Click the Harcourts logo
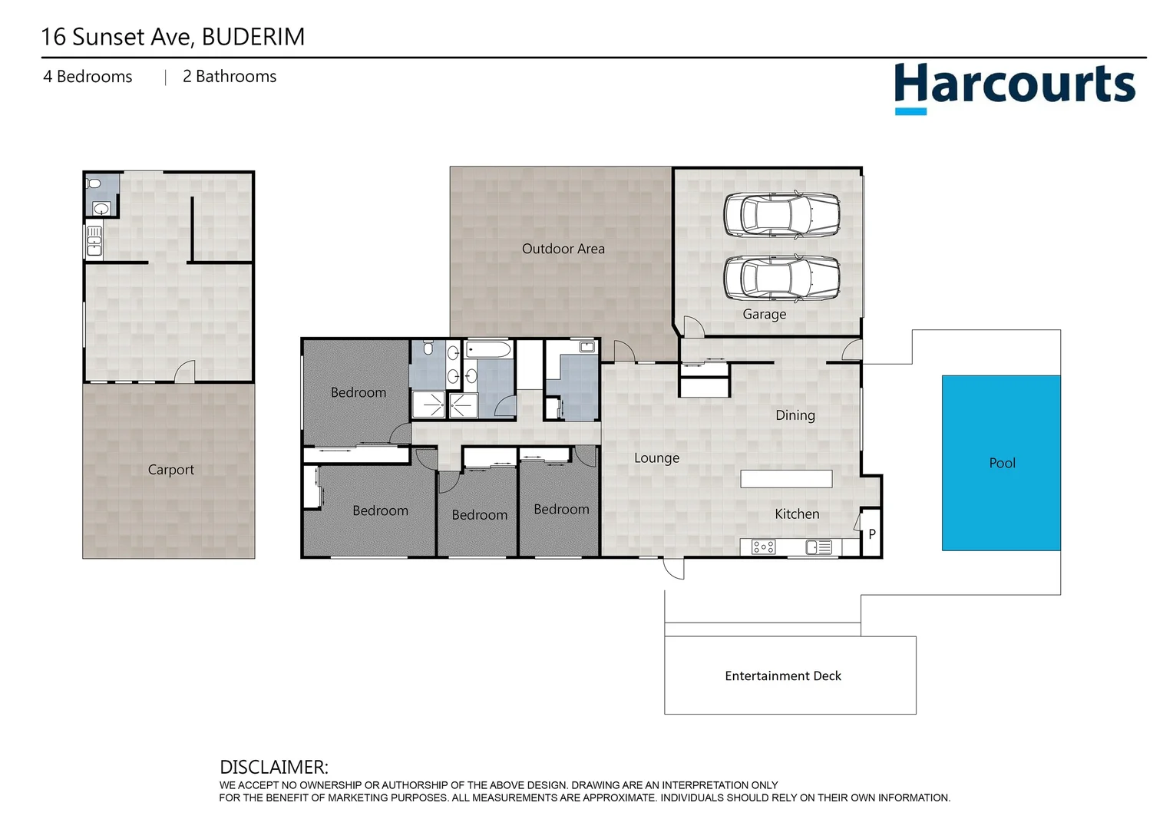(1014, 86)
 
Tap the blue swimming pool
(1001, 463)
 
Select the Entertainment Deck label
(782, 675)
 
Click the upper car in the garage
(781, 214)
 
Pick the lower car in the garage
(781, 277)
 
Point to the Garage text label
(764, 314)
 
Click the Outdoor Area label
(563, 249)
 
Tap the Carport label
(170, 470)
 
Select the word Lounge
(656, 458)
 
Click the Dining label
(795, 415)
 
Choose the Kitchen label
(797, 514)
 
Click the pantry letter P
(872, 534)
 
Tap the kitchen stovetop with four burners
(763, 547)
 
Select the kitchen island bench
(786, 479)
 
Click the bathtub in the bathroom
(488, 351)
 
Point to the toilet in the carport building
(94, 183)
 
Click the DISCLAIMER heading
(273, 767)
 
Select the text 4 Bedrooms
(88, 77)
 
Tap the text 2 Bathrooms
(229, 77)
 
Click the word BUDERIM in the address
(253, 37)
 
